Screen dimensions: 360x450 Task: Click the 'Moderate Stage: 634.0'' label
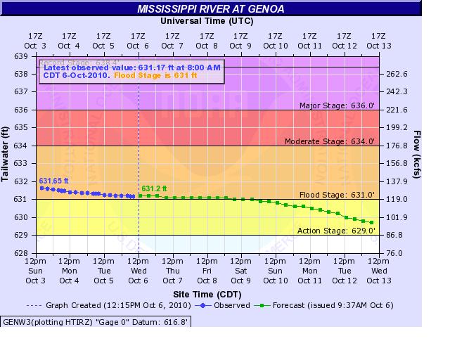330,141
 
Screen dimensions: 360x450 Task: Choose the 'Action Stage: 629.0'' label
337,230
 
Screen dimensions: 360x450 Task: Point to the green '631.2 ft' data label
154,188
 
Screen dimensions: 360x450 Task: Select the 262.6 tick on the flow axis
398,74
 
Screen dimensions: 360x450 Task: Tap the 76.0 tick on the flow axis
396,253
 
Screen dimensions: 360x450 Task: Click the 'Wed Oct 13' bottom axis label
378,276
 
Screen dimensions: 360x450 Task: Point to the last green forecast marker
372,222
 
